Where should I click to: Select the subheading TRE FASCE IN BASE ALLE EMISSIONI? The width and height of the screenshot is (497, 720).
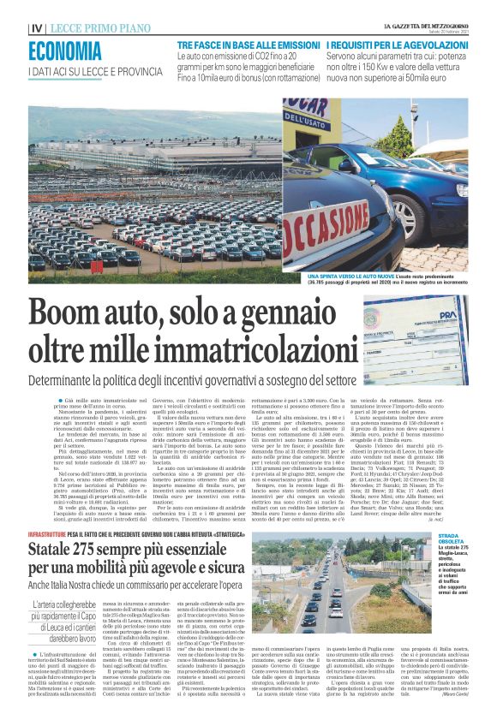tap(248, 44)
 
